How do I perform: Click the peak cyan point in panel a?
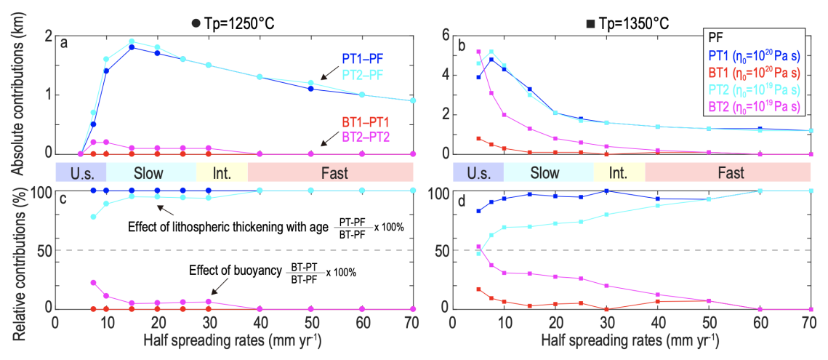click(x=132, y=41)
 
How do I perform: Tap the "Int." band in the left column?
click(x=222, y=173)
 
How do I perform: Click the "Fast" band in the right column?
click(x=727, y=173)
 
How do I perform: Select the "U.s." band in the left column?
click(x=81, y=173)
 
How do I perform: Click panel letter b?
click(x=461, y=42)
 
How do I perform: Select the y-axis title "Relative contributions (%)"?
click(x=15, y=249)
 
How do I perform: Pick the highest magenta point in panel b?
click(x=478, y=52)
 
